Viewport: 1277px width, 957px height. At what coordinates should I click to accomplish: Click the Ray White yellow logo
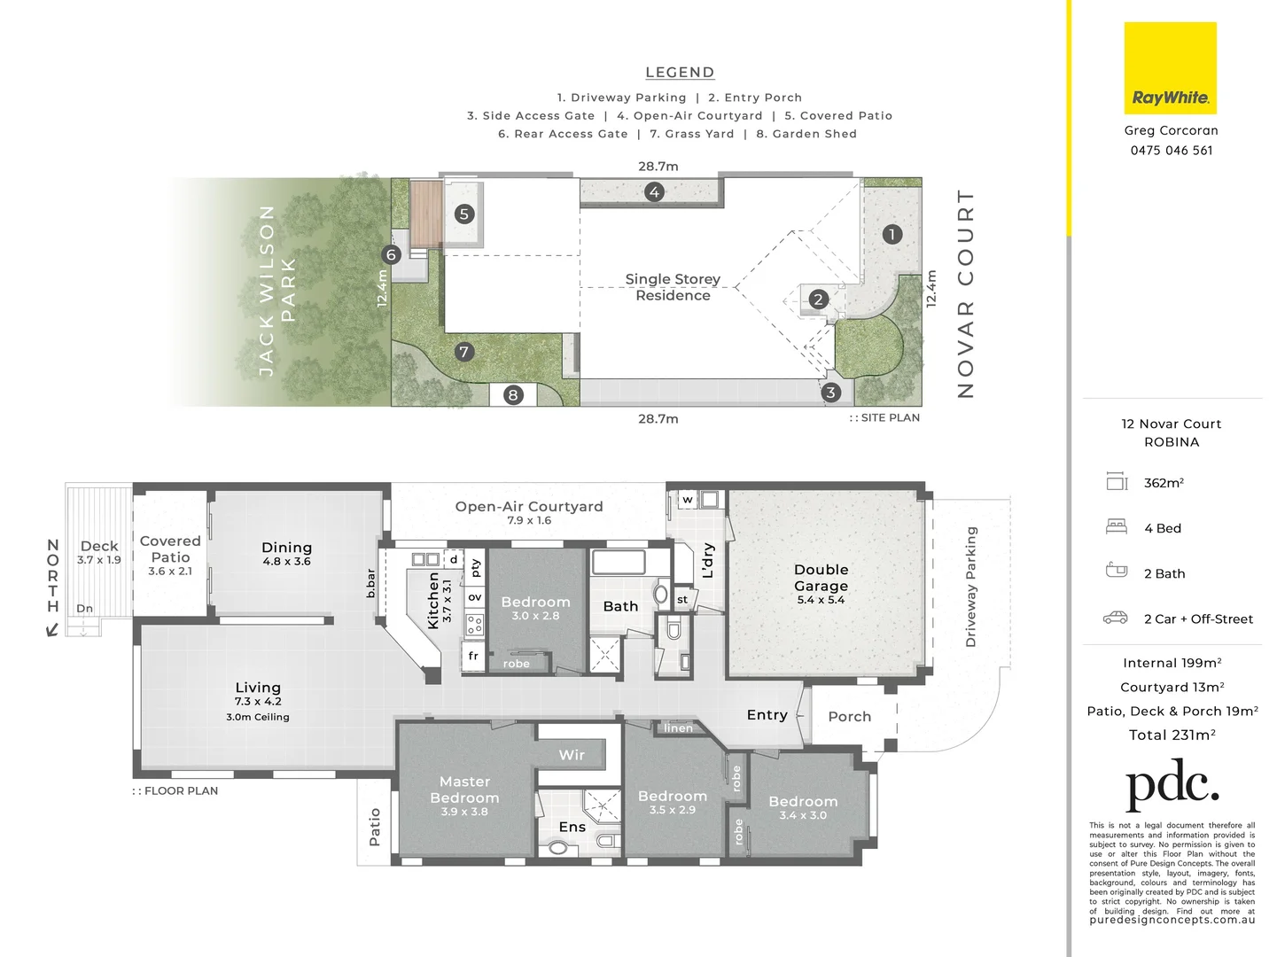(1170, 69)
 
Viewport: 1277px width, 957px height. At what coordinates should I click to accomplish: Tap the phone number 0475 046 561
(1171, 151)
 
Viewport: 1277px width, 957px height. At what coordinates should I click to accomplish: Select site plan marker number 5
(463, 214)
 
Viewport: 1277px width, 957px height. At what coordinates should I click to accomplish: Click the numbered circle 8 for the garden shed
(513, 395)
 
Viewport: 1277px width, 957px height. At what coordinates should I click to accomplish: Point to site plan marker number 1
(892, 234)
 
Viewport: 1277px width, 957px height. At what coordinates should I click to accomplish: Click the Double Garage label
(821, 578)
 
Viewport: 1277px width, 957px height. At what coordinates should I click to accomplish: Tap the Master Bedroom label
(464, 790)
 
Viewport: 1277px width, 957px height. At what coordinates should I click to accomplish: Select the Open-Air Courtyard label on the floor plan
(528, 507)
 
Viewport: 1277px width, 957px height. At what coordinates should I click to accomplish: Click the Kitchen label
(433, 600)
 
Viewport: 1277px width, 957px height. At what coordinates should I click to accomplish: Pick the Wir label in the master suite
(572, 755)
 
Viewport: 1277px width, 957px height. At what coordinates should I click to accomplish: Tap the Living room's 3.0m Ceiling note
(257, 717)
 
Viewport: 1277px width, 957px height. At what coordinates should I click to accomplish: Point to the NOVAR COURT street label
(966, 293)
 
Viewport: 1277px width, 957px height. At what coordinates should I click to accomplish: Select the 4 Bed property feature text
(1162, 528)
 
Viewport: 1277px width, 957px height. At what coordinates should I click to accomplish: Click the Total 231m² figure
(1172, 735)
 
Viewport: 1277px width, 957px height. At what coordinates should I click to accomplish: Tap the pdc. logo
(1172, 783)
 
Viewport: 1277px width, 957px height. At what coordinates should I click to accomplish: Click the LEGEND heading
(680, 73)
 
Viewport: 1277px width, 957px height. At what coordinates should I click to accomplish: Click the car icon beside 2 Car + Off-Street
(1116, 618)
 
